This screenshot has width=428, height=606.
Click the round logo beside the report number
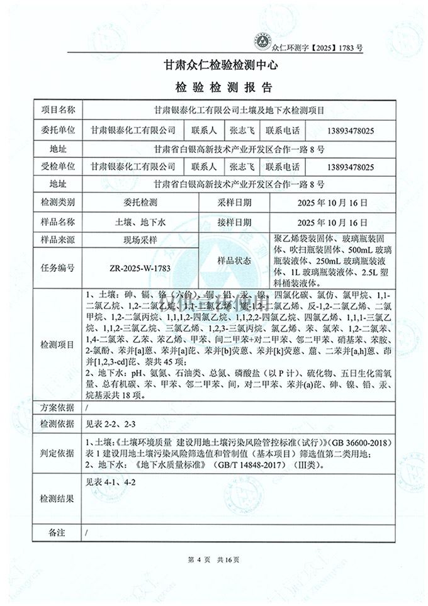(x=262, y=39)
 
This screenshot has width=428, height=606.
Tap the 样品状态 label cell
(x=234, y=259)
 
